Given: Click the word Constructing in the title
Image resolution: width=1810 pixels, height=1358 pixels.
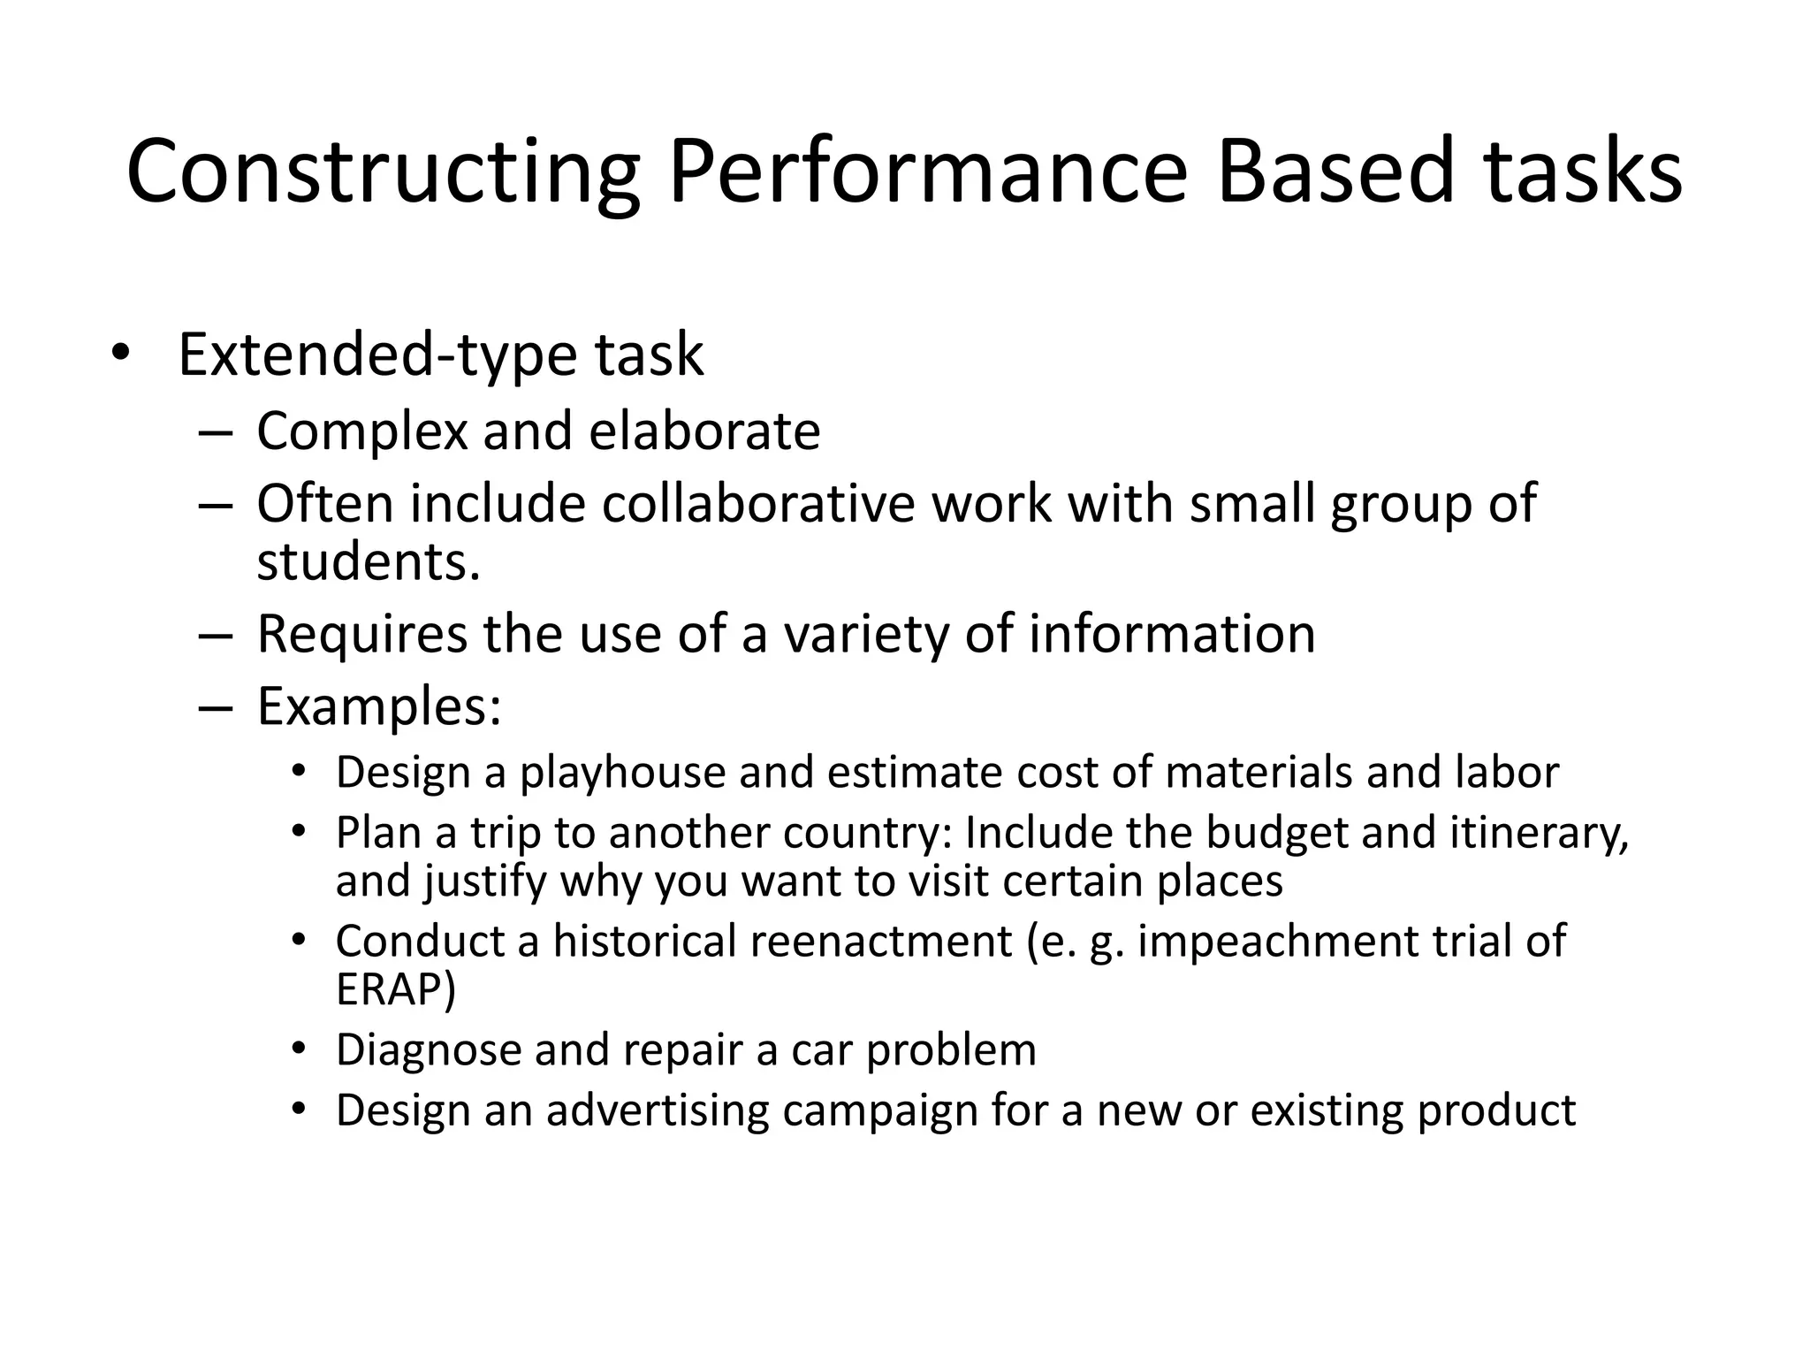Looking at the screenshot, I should point(383,172).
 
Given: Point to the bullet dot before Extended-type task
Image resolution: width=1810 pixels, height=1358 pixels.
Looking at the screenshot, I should point(120,354).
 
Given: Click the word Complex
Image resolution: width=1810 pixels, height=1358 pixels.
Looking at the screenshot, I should point(361,431).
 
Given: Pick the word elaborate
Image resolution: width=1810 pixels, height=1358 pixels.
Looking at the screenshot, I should point(704,431).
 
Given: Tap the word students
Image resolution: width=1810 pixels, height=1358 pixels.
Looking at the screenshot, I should point(368,562).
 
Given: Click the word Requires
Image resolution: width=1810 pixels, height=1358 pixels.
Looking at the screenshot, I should point(361,635).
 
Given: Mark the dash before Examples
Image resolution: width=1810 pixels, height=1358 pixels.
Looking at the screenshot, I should point(216,708).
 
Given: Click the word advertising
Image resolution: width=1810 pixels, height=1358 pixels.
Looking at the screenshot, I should point(658,1111).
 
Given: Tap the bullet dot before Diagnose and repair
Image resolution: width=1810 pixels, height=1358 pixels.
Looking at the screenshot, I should point(300,1049).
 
